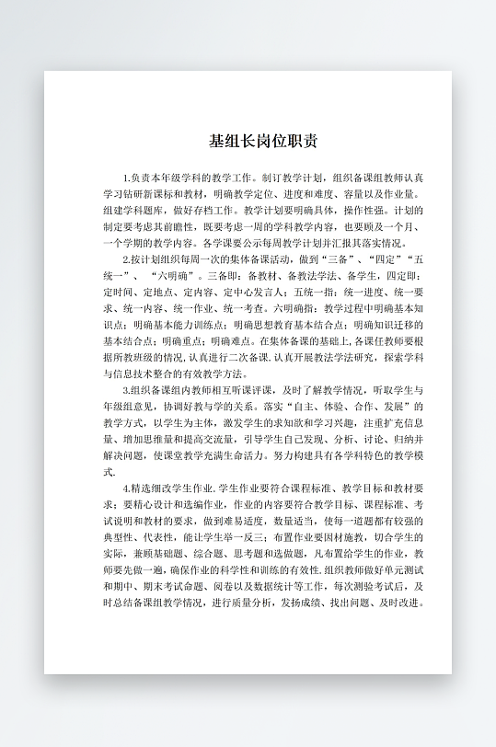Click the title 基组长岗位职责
tap(263, 142)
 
